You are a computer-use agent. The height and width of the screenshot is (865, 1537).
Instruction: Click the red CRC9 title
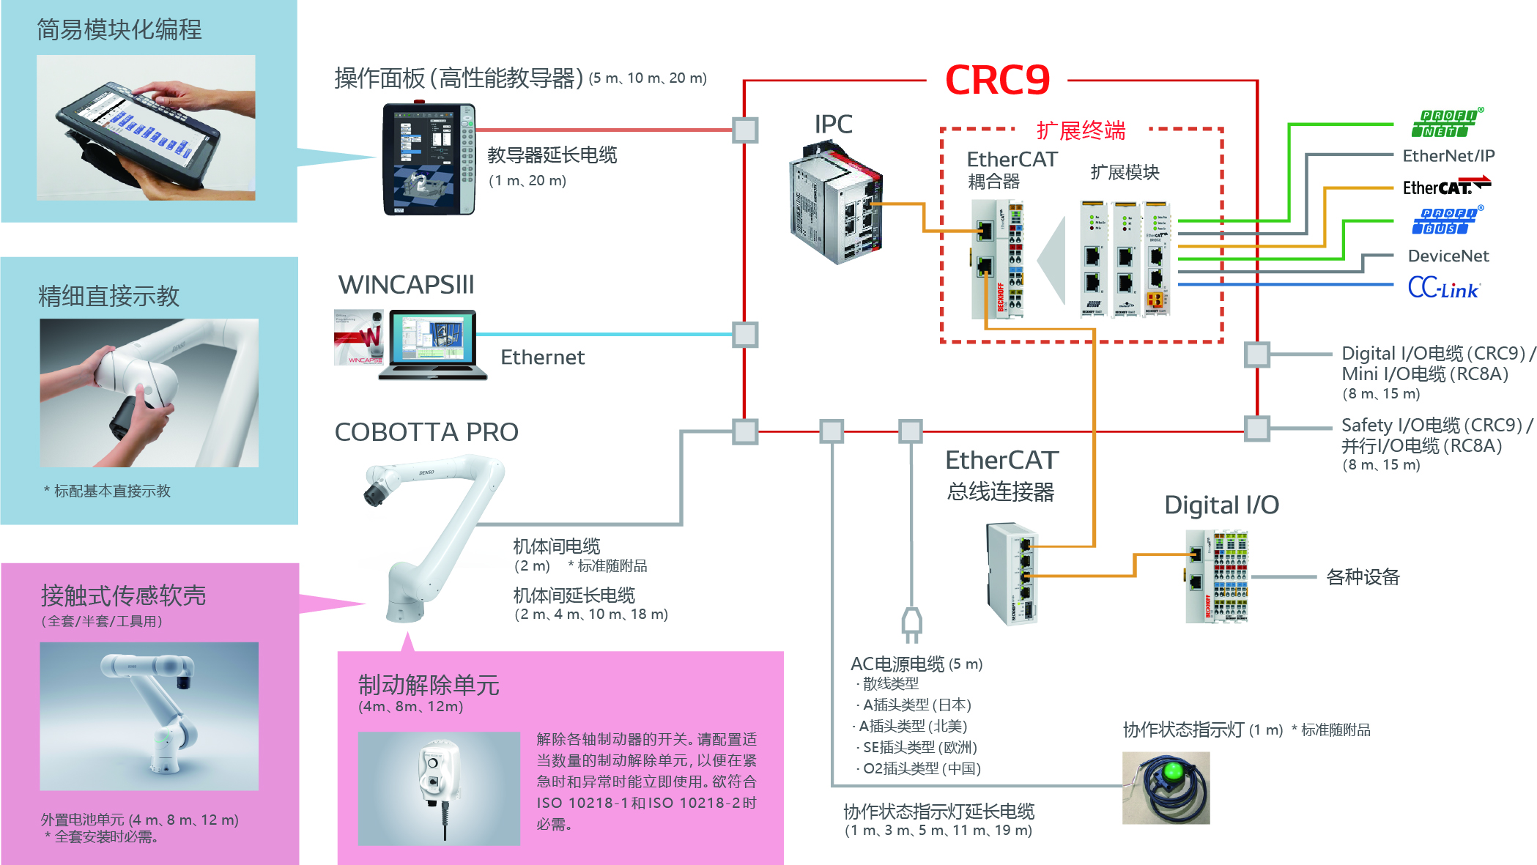tap(997, 80)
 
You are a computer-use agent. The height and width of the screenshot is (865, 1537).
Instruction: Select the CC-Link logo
tap(1443, 288)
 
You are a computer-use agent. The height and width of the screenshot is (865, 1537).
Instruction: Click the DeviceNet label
tap(1448, 256)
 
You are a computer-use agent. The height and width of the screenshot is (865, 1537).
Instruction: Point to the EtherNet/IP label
tap(1448, 155)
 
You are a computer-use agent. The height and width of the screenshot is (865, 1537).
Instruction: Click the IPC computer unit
tap(836, 202)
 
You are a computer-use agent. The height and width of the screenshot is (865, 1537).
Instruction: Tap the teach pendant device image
tap(429, 158)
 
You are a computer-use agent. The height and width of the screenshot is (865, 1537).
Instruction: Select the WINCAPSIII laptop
tap(433, 344)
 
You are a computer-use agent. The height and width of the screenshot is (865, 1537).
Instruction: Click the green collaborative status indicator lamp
tap(1166, 787)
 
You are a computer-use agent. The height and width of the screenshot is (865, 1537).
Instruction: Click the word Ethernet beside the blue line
tap(542, 357)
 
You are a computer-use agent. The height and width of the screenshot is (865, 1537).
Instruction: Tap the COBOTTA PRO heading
tap(426, 432)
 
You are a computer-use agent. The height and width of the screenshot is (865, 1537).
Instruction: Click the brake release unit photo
tap(439, 788)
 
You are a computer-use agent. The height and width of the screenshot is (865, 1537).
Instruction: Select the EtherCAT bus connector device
tap(1012, 573)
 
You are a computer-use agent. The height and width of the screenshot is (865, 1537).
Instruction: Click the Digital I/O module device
tap(1216, 576)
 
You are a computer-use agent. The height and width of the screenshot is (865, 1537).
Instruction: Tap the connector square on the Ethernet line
tap(745, 335)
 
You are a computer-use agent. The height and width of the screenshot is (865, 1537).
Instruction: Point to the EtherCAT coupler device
tap(997, 260)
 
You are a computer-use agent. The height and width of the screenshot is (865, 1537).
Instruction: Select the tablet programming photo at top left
tap(146, 127)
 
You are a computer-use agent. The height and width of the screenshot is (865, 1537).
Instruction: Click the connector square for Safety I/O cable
tap(1257, 428)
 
